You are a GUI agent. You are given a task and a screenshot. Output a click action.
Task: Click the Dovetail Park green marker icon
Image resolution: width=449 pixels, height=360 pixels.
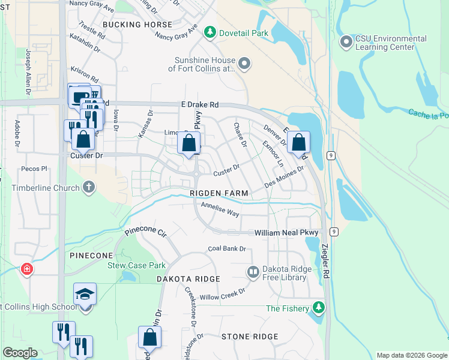(209, 32)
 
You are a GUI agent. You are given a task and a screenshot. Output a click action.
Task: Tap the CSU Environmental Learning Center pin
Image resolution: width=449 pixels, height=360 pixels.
(346, 42)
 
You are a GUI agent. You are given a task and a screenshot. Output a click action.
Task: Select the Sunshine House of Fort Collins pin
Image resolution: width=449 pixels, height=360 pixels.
(244, 64)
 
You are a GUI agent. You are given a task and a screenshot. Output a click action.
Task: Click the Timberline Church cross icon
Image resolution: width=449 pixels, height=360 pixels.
(89, 187)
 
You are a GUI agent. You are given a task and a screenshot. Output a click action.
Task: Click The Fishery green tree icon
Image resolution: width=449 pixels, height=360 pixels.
(319, 308)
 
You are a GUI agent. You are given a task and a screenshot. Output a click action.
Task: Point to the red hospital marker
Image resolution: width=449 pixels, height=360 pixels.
(26, 269)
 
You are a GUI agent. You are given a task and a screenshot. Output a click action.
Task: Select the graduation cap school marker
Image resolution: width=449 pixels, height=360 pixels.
(85, 295)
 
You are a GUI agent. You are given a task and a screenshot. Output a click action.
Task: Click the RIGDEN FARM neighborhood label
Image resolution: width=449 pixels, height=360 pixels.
(218, 193)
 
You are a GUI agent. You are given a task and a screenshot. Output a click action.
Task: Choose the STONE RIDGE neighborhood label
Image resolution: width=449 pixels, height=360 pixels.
(250, 337)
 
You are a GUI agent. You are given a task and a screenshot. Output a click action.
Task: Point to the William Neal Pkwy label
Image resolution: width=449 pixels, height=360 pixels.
(287, 232)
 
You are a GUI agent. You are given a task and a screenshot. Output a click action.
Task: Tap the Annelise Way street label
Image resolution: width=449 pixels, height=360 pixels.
(220, 210)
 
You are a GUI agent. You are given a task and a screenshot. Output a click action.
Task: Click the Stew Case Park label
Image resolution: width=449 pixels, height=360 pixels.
(136, 265)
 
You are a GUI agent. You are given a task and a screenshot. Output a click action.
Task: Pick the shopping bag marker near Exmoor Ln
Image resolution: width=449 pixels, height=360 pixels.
(298, 143)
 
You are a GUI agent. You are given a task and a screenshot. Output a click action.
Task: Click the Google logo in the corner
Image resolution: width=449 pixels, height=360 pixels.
(20, 353)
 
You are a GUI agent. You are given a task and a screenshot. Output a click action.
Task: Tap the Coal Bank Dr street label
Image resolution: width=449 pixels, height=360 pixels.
(227, 248)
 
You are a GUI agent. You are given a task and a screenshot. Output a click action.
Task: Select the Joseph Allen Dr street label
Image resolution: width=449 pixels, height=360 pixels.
(28, 73)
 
